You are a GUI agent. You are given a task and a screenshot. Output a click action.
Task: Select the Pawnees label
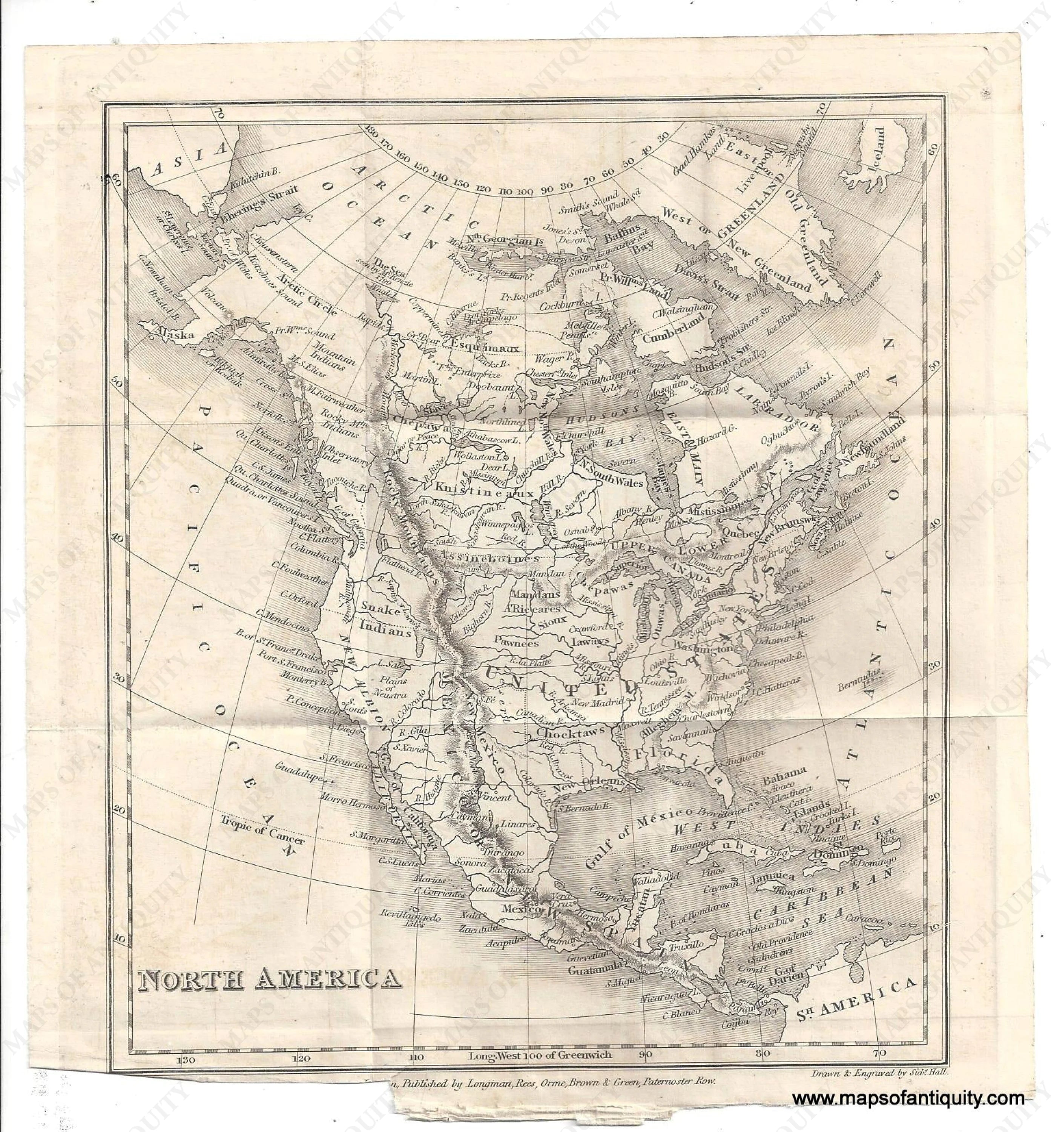pyautogui.click(x=516, y=643)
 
